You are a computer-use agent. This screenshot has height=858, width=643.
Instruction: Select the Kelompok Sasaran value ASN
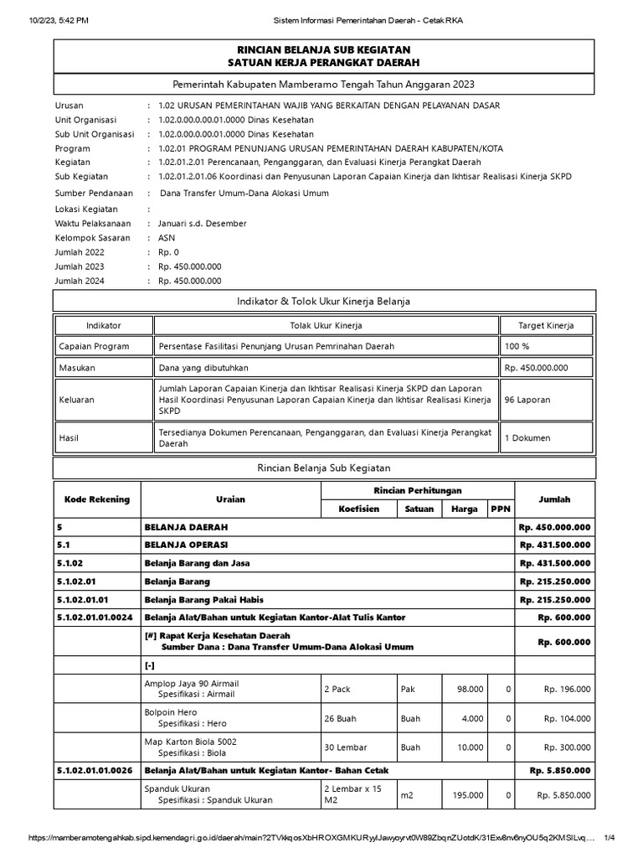pos(167,238)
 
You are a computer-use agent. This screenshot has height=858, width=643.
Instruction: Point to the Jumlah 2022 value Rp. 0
pos(168,252)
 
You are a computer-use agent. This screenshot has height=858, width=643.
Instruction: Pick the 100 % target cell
pos(517,346)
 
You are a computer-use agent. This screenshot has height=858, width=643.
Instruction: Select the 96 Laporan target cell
pos(527,400)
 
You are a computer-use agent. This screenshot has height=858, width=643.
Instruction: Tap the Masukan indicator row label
pos(77,368)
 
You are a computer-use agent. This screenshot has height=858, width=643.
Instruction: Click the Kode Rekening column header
pos(97,499)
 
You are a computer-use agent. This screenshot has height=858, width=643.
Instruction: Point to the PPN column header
pos(499,509)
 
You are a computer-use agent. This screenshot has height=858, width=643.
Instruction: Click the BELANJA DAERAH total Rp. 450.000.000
pos(554,527)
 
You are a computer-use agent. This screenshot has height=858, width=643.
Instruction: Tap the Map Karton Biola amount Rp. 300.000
pos(567,747)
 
